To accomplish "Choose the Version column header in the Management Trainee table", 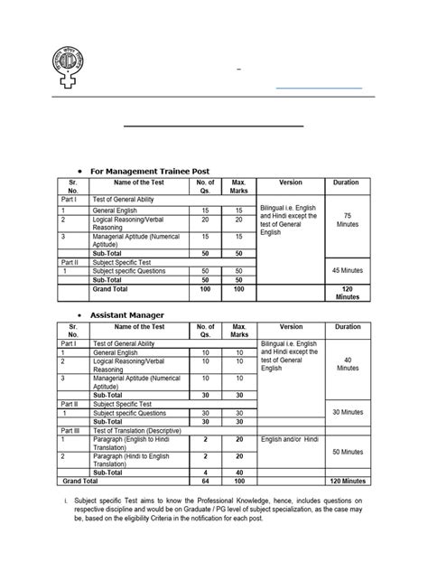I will tap(291, 183).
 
